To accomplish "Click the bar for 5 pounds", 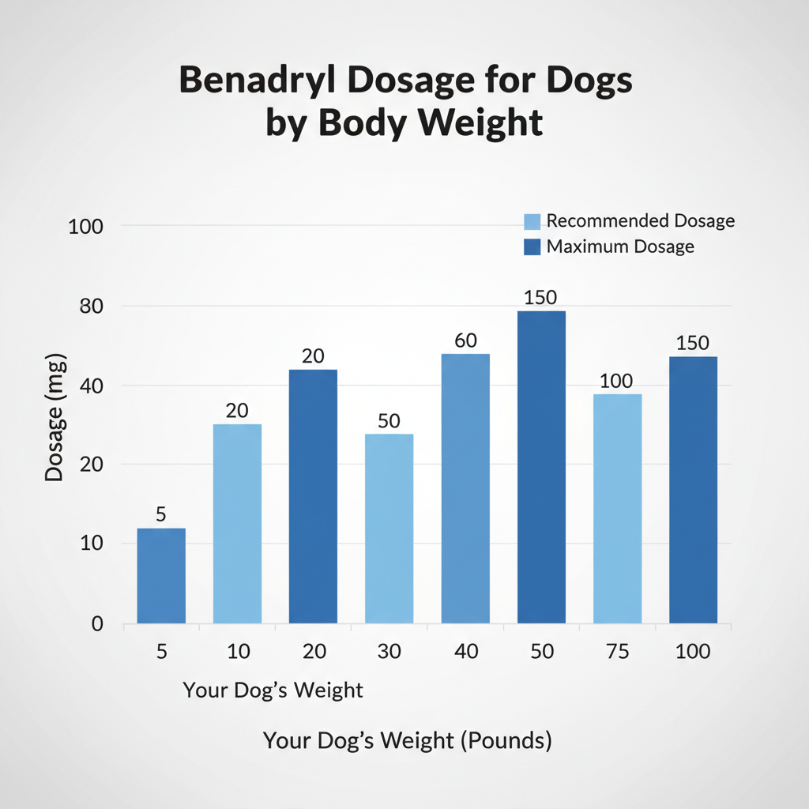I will (x=161, y=575).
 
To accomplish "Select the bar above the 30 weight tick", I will (x=389, y=528).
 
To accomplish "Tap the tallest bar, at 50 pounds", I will (x=541, y=466).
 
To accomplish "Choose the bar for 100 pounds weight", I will (x=693, y=490).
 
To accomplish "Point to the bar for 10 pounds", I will (x=237, y=523).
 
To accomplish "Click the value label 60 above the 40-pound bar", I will (x=465, y=341).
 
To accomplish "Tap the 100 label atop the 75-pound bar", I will (x=616, y=381).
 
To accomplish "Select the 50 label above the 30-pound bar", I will (x=389, y=421).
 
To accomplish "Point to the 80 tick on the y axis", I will (x=92, y=306).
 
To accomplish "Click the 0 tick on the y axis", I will (x=96, y=624).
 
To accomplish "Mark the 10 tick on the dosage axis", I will (x=92, y=544).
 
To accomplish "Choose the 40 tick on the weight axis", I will (x=465, y=652).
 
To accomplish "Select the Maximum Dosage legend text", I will (x=620, y=246).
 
